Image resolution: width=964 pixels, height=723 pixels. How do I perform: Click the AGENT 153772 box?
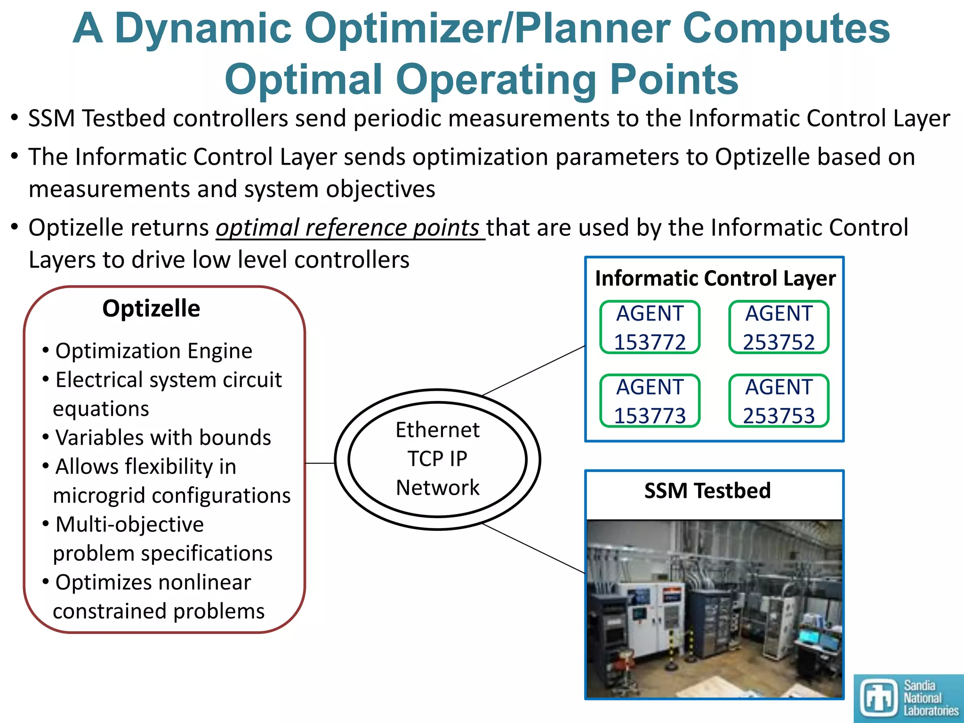click(650, 327)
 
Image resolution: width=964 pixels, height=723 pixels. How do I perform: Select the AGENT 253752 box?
click(779, 327)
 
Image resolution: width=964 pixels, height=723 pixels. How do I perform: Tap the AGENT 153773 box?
click(650, 401)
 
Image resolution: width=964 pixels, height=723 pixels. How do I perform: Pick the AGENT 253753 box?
click(779, 401)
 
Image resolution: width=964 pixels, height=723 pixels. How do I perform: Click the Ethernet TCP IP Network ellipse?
click(438, 459)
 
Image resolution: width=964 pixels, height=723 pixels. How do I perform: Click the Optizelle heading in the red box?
click(151, 309)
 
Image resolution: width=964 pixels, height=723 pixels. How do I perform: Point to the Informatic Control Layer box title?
click(715, 278)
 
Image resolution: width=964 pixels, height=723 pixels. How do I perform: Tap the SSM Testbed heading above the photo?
click(707, 490)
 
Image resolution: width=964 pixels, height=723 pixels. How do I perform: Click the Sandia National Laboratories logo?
click(908, 698)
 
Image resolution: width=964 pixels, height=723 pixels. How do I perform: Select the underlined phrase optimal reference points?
click(347, 228)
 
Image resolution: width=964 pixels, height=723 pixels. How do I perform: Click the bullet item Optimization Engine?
click(153, 351)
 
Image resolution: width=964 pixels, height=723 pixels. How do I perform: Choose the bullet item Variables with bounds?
click(163, 437)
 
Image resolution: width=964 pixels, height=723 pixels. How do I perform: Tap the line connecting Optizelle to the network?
click(320, 463)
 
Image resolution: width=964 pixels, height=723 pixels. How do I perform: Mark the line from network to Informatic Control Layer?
click(534, 370)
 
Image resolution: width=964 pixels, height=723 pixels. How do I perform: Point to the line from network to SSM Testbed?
click(534, 548)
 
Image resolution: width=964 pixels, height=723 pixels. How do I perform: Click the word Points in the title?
click(674, 79)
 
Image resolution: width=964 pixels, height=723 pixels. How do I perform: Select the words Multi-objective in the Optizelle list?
click(129, 524)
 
